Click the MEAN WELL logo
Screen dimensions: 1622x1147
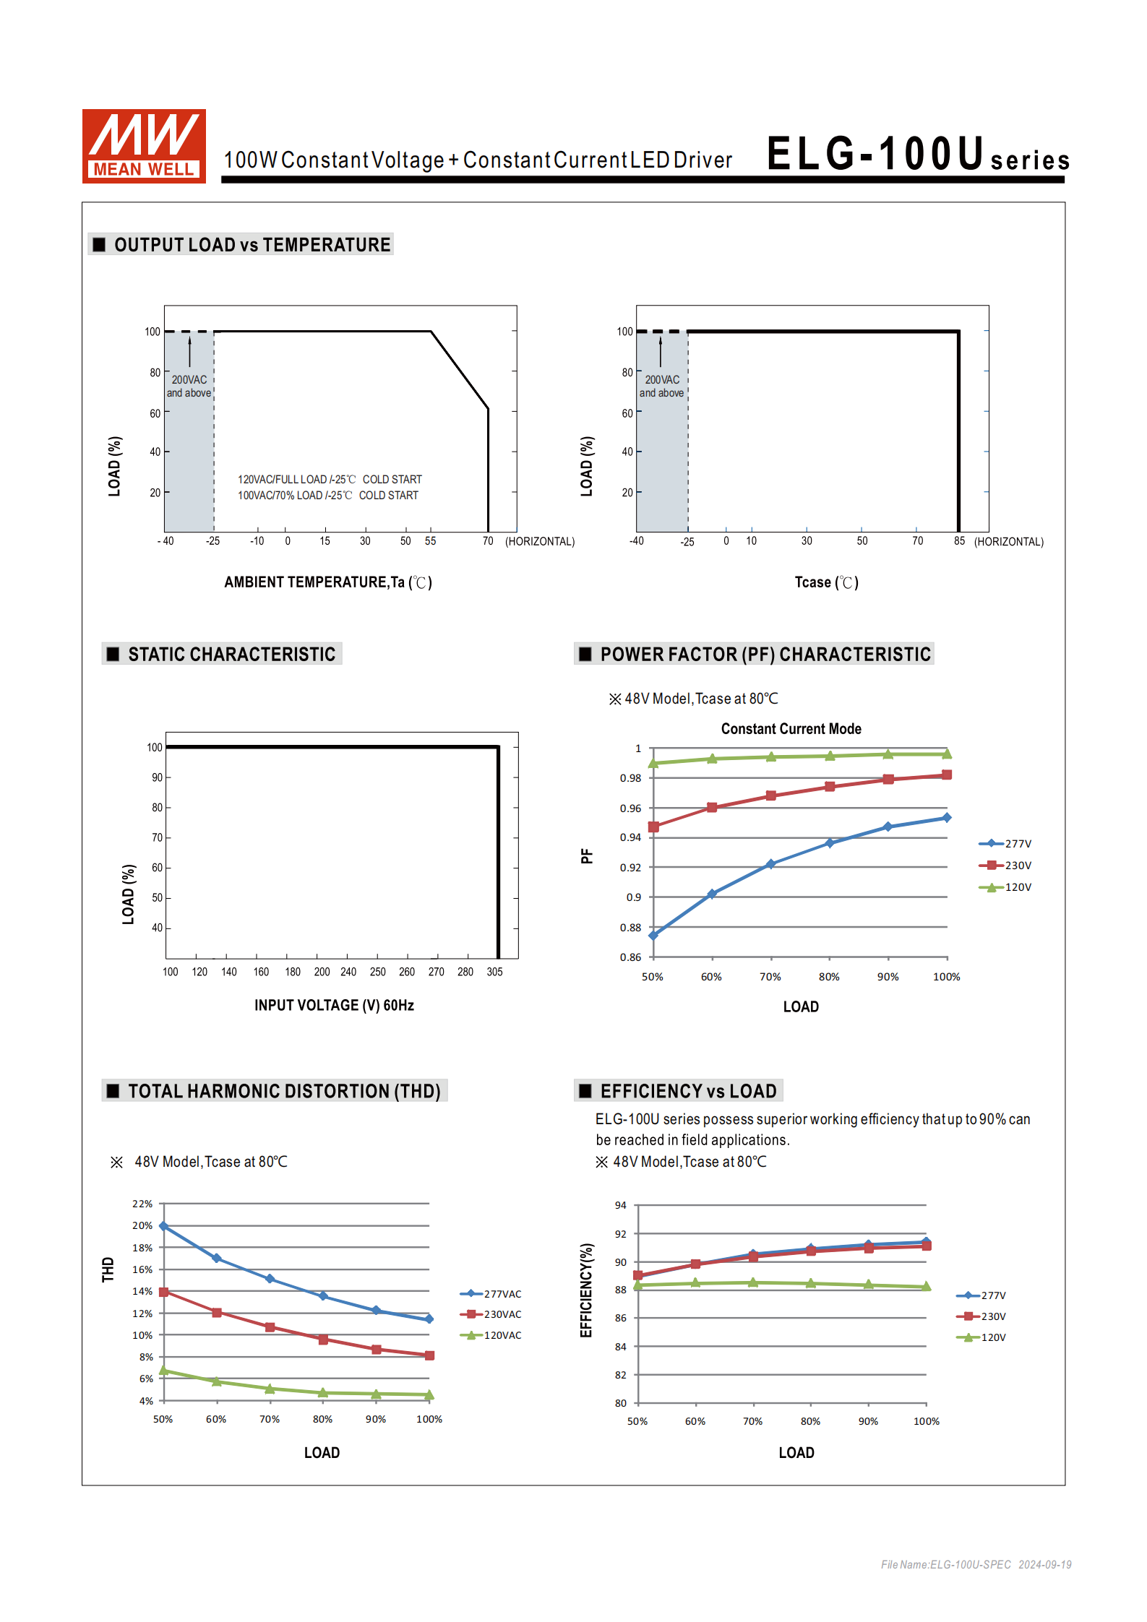144,146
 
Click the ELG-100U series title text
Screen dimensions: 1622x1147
916,155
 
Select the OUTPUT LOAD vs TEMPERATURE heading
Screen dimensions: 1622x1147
252,245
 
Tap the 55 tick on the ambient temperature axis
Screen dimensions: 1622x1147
430,541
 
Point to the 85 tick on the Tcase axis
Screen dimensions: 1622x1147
959,541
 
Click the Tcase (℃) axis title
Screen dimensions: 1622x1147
826,582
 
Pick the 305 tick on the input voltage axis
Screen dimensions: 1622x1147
494,972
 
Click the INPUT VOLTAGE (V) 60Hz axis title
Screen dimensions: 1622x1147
334,1005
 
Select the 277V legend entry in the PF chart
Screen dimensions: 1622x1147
1005,844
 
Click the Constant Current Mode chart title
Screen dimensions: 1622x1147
791,728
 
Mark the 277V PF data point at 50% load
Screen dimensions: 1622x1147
653,935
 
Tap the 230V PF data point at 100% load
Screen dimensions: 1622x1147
947,775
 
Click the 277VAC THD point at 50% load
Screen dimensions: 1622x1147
164,1226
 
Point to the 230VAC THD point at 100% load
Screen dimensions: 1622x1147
429,1355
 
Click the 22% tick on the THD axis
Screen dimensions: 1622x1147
142,1204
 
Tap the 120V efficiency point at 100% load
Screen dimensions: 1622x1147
927,1287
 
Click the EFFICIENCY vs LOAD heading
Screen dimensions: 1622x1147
687,1091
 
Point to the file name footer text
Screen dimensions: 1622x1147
976,1564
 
